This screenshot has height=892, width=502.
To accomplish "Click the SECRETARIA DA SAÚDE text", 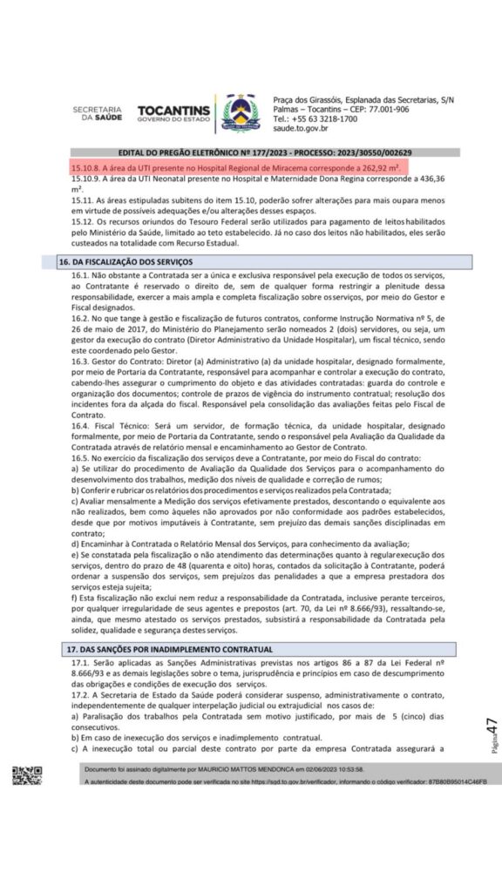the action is (97, 112).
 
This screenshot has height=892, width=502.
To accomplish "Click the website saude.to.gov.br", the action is (302, 127).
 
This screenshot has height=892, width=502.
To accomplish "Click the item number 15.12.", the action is (82, 220).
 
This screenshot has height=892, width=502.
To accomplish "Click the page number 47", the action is (492, 728).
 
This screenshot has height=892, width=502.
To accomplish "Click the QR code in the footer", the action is (27, 774).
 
